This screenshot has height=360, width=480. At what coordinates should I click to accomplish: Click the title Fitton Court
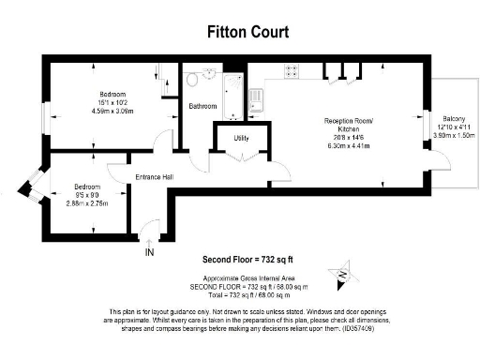point(247,32)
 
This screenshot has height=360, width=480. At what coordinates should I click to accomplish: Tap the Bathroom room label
point(203,106)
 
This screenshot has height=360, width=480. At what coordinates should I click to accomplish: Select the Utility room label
point(241,138)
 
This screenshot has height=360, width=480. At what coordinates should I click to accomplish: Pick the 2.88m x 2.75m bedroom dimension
point(87,202)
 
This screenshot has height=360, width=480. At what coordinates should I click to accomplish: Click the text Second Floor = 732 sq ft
point(247,260)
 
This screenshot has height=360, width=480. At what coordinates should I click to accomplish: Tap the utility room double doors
point(239,159)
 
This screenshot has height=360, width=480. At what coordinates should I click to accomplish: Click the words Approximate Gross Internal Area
point(248,277)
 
